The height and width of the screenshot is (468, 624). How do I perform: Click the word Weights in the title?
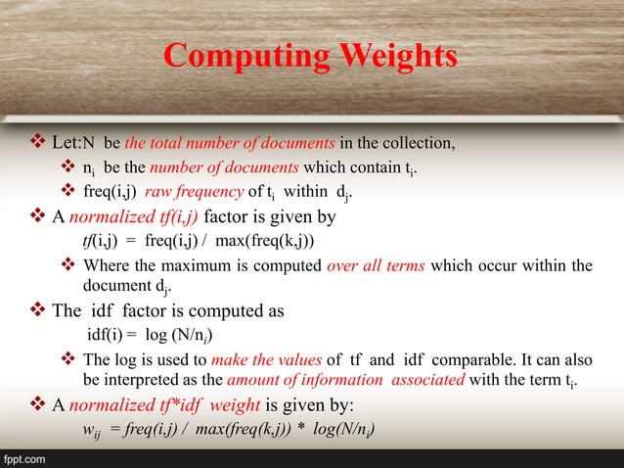(x=395, y=56)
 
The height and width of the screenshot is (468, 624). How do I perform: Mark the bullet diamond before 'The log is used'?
(x=68, y=359)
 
